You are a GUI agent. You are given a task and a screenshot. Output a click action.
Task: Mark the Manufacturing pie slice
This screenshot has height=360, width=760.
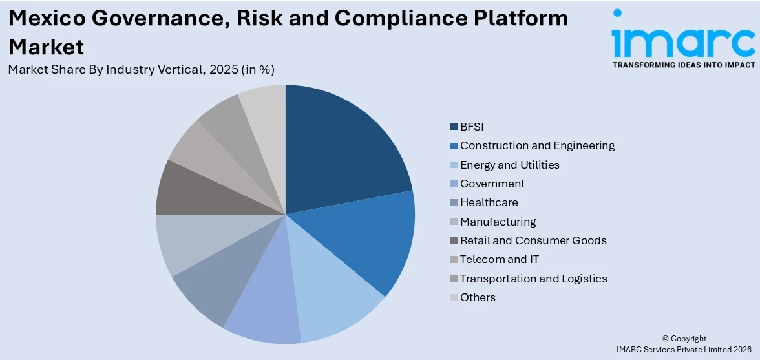click(x=187, y=242)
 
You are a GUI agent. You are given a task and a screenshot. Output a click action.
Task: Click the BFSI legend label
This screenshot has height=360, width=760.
click(x=472, y=127)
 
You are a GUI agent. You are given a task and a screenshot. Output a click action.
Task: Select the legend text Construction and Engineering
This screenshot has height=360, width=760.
click(x=537, y=145)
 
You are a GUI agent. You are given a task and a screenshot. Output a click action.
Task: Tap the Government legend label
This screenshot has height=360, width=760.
click(x=492, y=184)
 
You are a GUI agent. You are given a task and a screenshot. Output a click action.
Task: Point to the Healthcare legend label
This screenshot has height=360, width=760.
click(x=489, y=202)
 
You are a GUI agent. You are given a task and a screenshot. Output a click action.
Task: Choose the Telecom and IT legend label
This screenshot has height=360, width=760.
click(x=500, y=259)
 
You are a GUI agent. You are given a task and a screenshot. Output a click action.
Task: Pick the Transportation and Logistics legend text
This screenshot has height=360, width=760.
click(x=533, y=279)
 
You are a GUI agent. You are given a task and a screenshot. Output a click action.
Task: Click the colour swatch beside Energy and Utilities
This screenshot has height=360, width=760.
click(x=454, y=165)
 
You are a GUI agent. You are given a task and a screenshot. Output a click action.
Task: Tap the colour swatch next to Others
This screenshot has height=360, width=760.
click(x=454, y=297)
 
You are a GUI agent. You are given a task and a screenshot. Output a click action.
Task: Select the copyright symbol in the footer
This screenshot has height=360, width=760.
click(x=666, y=339)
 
